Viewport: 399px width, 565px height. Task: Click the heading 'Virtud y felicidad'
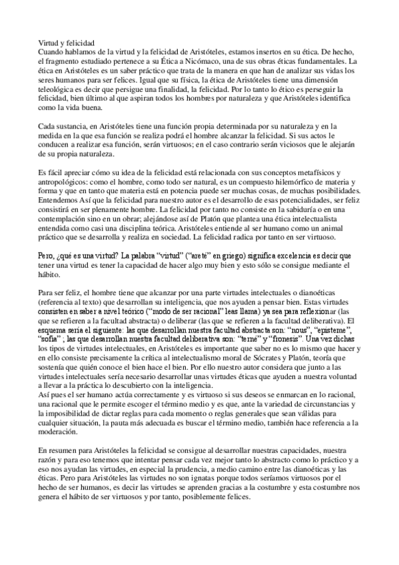(x=65, y=41)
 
